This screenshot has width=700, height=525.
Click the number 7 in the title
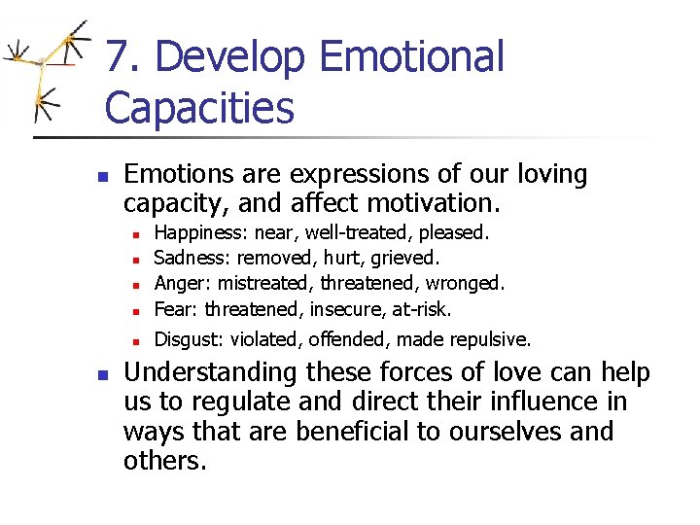click(119, 57)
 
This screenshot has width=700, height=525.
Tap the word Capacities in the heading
click(199, 108)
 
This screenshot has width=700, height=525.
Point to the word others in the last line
click(163, 460)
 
